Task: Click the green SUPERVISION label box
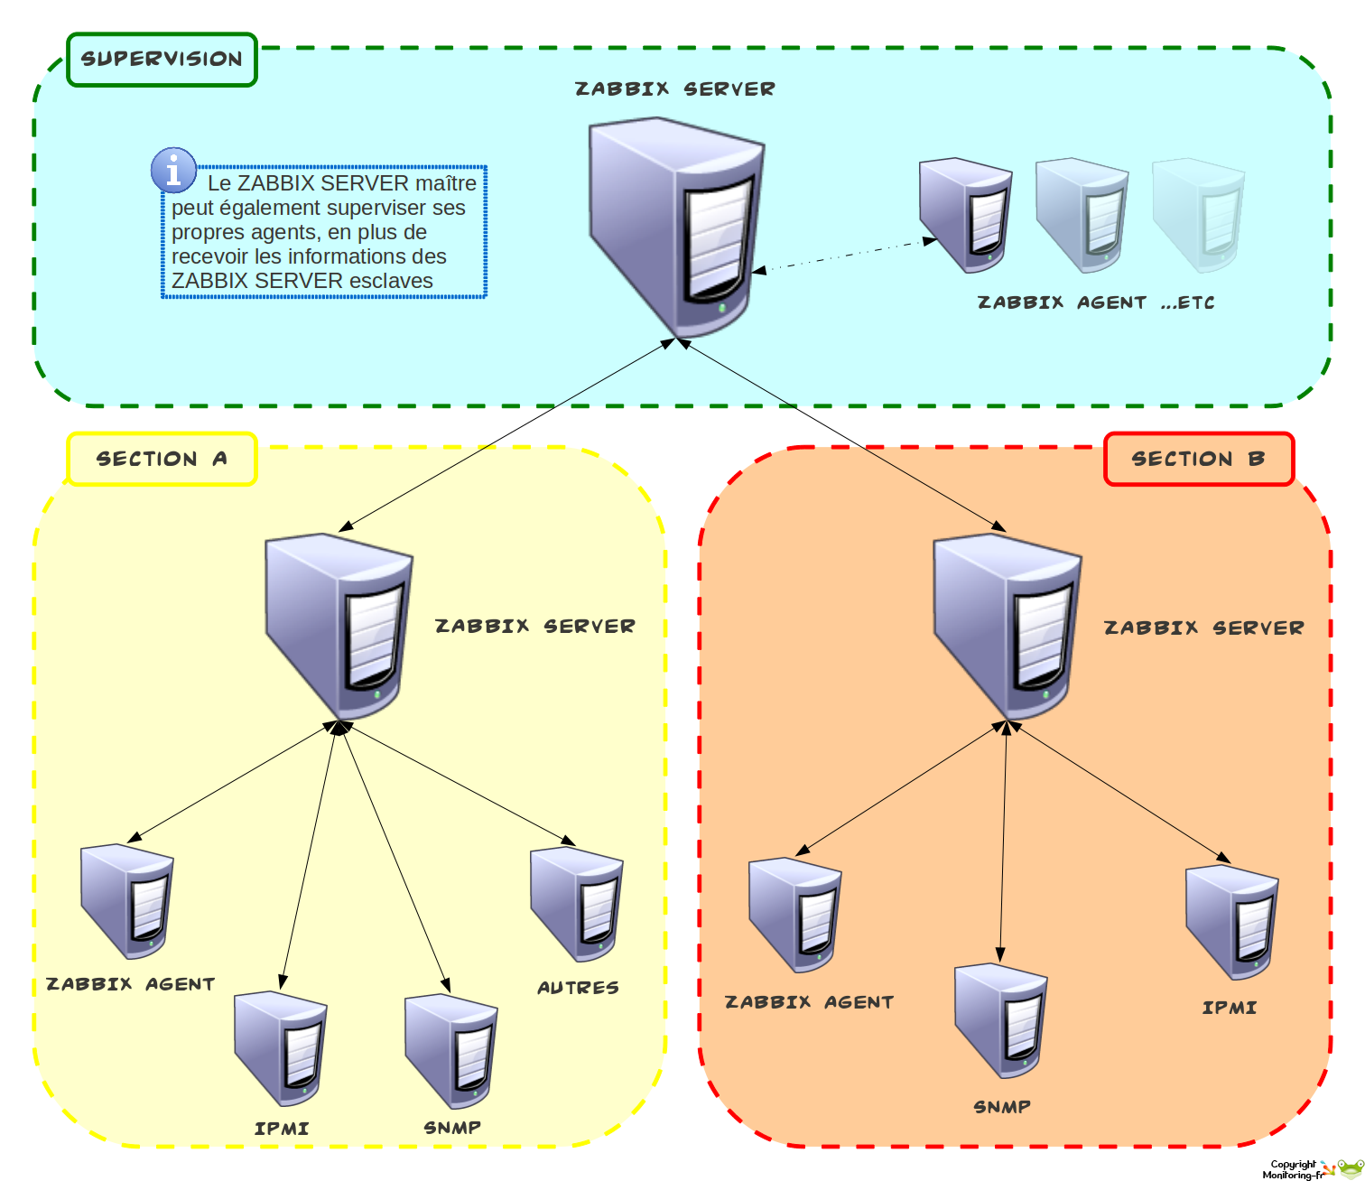[162, 60]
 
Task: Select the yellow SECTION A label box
[162, 459]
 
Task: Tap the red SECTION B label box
[1199, 459]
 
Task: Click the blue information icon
[173, 170]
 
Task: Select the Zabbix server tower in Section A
[339, 625]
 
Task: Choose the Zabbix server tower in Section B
[1007, 625]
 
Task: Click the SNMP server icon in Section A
[451, 1052]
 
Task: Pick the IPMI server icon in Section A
[281, 1048]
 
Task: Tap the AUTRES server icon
[577, 904]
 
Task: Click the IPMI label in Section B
[1230, 1008]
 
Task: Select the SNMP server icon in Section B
[1001, 1020]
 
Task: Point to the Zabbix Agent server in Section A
[127, 901]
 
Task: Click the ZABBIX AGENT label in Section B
[809, 1002]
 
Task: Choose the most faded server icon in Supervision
[1199, 215]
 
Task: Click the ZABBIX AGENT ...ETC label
[1096, 302]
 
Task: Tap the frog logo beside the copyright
[1348, 1169]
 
